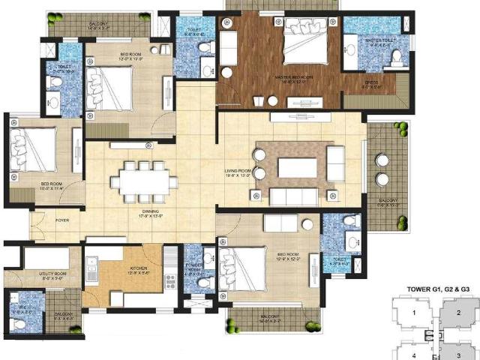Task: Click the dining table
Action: coord(143,182)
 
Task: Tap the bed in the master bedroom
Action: coord(304,46)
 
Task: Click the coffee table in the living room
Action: coord(298,168)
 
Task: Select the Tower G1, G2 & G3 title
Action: coord(438,288)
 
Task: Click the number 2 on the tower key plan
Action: coord(459,313)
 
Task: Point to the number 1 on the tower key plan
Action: coord(412,313)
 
